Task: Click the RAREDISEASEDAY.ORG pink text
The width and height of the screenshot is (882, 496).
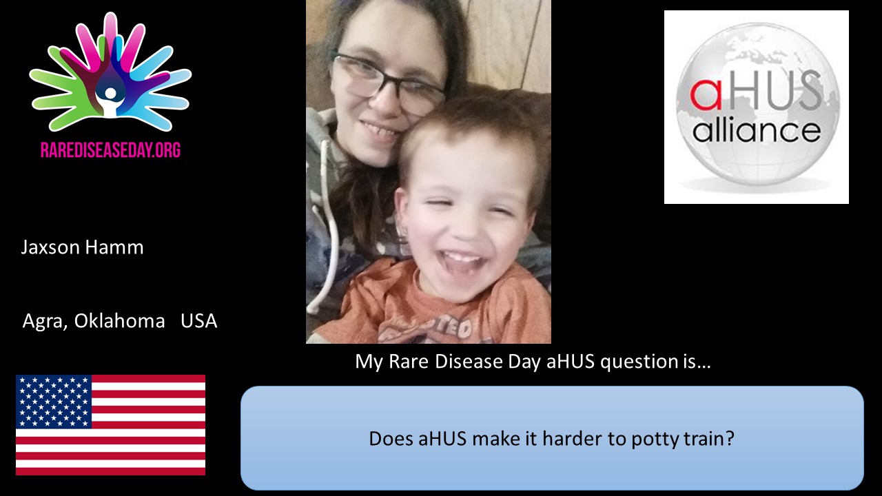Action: pos(110,150)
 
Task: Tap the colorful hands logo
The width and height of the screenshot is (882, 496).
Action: pos(110,76)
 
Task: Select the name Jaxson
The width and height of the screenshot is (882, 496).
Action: pos(50,248)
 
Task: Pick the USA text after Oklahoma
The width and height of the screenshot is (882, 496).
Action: pos(198,321)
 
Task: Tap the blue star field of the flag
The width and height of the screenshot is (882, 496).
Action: pos(54,400)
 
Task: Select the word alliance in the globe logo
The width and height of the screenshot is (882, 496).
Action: pos(756,130)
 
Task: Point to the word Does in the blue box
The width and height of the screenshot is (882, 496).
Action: pos(391,439)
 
